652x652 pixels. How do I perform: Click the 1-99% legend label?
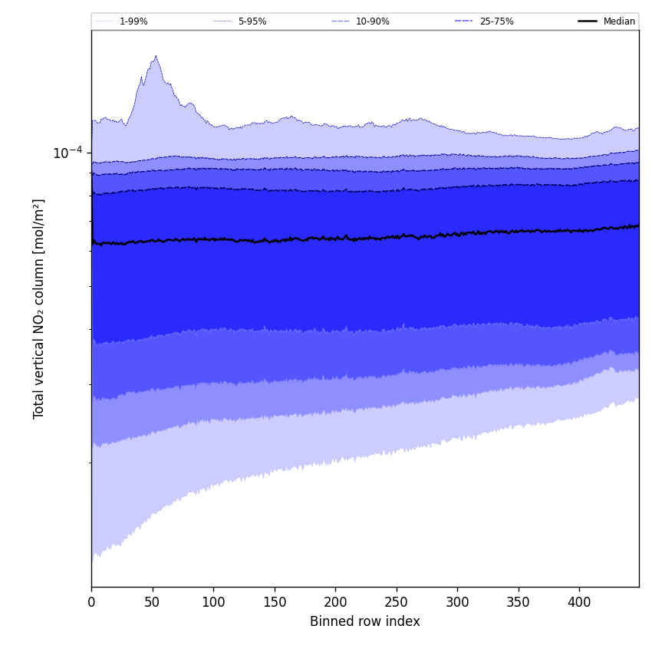tap(133, 21)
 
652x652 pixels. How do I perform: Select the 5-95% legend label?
tap(252, 21)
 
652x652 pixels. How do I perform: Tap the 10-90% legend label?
tap(372, 21)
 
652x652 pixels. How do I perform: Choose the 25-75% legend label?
tap(496, 21)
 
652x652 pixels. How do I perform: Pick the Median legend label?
tap(619, 21)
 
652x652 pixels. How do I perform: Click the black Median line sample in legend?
tap(588, 21)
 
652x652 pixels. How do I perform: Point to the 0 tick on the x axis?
tap(91, 603)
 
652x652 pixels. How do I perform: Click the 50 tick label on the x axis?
tap(153, 603)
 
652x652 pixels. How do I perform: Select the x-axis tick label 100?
tap(213, 603)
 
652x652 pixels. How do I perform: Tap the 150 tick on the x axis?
tap(275, 603)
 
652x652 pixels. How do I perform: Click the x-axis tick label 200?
tap(335, 603)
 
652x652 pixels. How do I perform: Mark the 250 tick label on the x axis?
tap(397, 603)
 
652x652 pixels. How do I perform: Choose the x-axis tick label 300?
tap(457, 603)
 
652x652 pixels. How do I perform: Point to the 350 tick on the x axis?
tap(519, 603)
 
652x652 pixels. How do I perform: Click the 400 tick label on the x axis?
tap(579, 603)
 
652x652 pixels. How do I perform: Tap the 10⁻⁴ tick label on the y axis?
tap(68, 153)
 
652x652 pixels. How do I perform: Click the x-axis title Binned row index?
tap(365, 621)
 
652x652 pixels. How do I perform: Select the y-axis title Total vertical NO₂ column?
tap(39, 308)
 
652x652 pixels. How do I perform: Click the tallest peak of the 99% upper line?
tap(156, 56)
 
